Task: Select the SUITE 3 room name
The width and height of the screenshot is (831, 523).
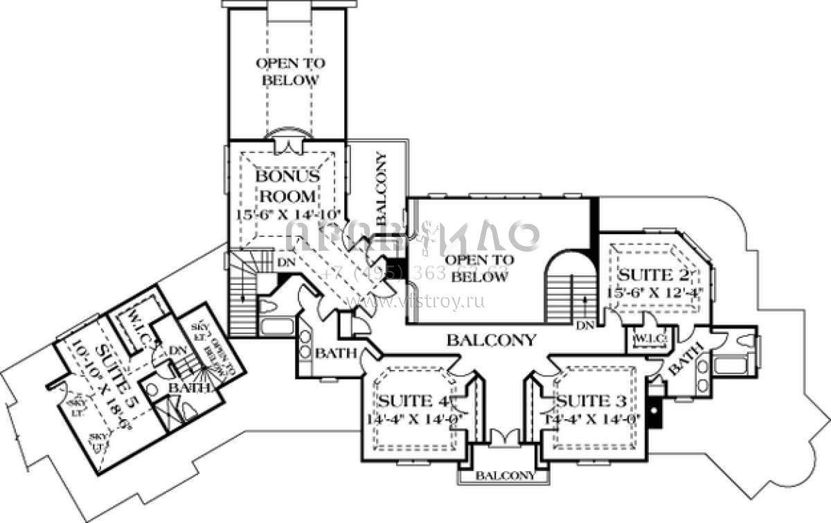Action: click(x=591, y=400)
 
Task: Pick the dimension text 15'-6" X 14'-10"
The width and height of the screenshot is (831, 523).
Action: click(x=287, y=214)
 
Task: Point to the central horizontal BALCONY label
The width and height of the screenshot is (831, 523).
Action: click(x=491, y=340)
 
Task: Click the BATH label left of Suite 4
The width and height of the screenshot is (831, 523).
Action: click(x=335, y=354)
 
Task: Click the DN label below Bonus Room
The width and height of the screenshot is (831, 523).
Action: click(x=285, y=263)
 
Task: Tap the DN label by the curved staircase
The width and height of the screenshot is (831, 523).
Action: click(x=585, y=324)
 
